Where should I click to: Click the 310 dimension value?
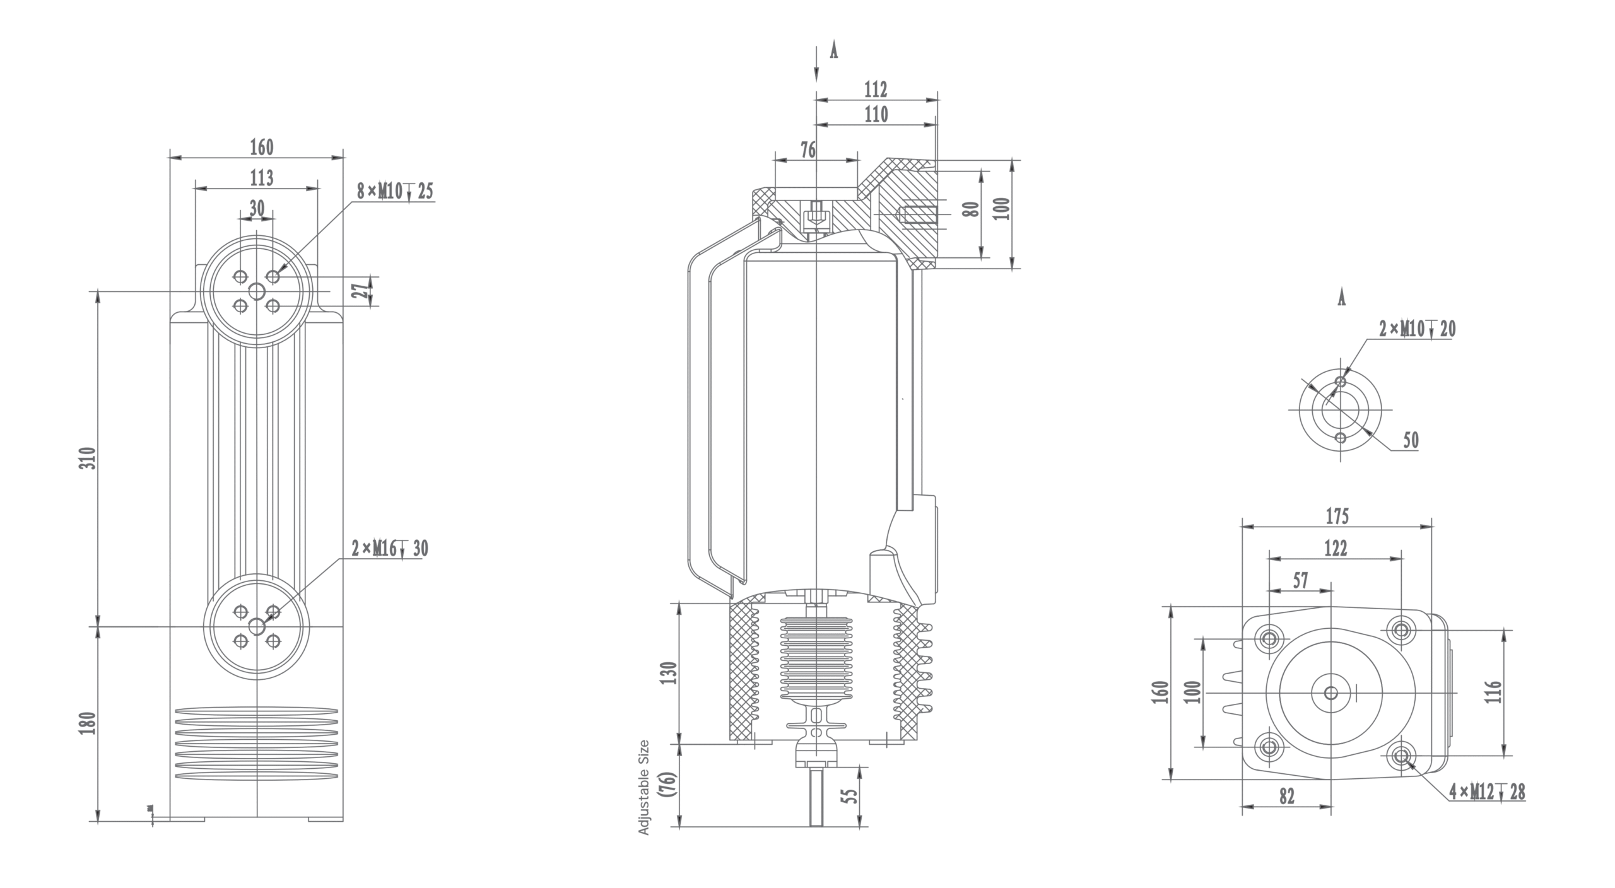pos(90,458)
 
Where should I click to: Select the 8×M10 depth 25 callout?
pos(395,191)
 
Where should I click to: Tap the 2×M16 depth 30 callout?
pos(390,549)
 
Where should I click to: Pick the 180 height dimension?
pos(90,723)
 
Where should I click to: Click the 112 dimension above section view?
pos(876,90)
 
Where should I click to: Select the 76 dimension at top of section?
pos(808,150)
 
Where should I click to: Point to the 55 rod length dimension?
pos(851,796)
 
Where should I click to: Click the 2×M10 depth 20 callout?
pos(1417,329)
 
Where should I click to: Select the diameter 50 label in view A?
pos(1411,440)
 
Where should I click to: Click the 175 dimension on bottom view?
pos(1337,517)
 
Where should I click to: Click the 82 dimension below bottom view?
pos(1287,797)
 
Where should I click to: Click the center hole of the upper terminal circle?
pos(257,291)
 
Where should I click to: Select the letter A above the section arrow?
pos(833,52)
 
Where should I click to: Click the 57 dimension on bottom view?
pos(1301,581)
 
